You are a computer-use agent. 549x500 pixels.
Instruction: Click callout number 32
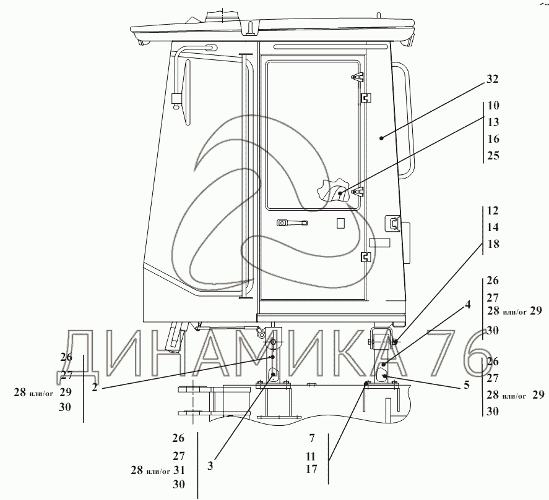point(492,79)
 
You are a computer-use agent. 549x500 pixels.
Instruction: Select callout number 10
point(493,106)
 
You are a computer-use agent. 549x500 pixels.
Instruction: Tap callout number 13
point(493,122)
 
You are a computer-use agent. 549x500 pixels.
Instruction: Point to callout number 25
point(493,156)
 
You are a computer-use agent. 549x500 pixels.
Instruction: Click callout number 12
point(493,211)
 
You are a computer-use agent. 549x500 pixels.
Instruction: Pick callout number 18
point(493,244)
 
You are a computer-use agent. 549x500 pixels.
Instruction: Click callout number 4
point(468,305)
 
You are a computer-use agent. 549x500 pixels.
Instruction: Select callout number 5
point(466,385)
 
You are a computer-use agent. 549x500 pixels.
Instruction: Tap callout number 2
point(95,387)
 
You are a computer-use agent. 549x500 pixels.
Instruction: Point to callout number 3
point(210,466)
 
